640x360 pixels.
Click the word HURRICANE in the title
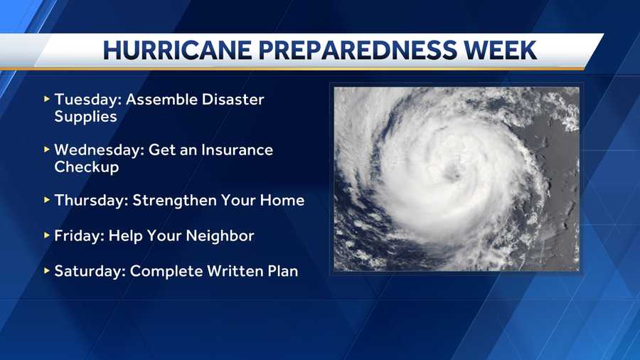tap(177, 51)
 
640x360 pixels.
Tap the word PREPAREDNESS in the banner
tap(357, 51)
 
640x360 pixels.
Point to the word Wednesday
tap(99, 150)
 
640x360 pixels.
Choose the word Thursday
tap(92, 201)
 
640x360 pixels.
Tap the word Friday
tap(79, 236)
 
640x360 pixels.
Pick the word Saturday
tap(90, 272)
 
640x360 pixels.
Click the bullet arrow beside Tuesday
tap(46, 99)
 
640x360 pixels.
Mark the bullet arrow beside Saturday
tap(46, 270)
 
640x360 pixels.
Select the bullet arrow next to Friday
tap(46, 235)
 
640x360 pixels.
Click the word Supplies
tap(86, 117)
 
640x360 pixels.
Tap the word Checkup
tap(87, 167)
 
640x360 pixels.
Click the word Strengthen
tap(174, 201)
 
